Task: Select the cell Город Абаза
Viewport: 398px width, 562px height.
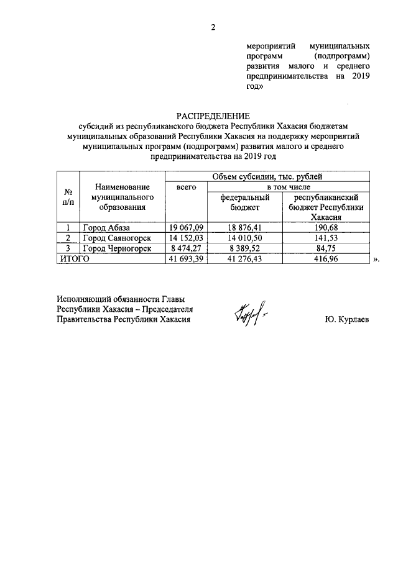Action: (107, 229)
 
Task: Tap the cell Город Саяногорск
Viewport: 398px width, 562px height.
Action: (116, 238)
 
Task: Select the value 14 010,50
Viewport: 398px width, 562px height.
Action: (244, 238)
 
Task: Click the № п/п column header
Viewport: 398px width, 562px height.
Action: (68, 197)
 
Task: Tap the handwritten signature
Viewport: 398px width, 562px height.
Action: (251, 310)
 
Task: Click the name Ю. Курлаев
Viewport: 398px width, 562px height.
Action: (347, 320)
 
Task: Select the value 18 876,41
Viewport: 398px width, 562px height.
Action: (244, 229)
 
